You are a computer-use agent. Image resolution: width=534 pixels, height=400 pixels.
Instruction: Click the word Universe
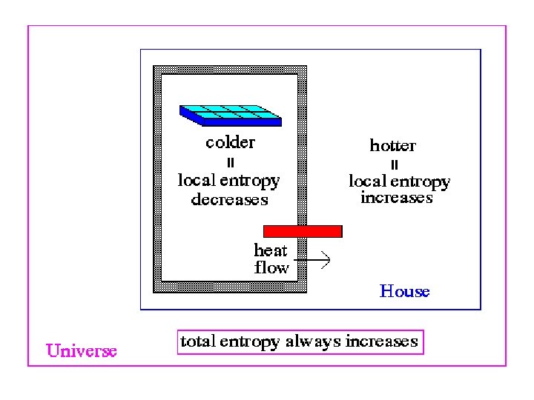pos(82,350)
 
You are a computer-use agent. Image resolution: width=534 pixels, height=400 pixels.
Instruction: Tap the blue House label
pos(404,291)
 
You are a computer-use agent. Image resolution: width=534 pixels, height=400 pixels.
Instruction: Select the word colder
pos(230,142)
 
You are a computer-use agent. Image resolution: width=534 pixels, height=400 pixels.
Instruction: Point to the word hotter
pos(392,146)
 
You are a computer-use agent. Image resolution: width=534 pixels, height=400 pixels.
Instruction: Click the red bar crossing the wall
pos(303,231)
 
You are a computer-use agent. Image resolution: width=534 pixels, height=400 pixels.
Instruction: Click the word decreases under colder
pos(229,200)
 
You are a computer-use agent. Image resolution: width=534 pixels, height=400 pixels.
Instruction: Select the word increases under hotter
pos(396,199)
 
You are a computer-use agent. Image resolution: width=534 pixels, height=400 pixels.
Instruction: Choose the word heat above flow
pos(270,250)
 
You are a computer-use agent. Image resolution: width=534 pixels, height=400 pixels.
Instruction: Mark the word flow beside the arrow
pos(271,267)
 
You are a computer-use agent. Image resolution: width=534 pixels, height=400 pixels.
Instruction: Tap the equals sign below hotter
pos(394,164)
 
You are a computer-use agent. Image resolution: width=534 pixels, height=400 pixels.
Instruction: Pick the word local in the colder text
pos(196,179)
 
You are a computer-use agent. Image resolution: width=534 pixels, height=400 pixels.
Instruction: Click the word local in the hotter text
pos(367,181)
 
